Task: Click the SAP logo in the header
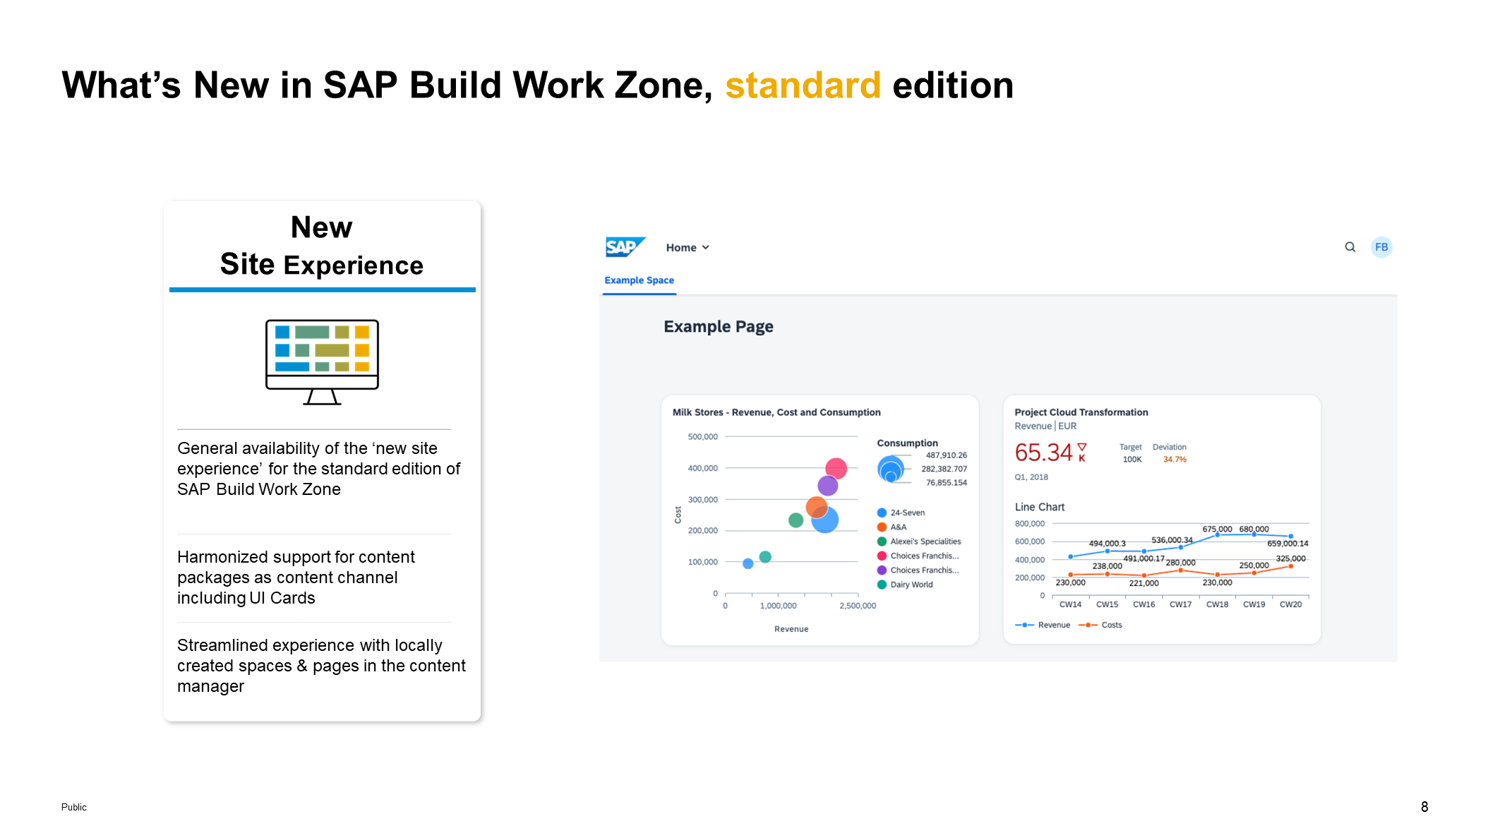[x=625, y=247]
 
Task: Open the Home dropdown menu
[x=687, y=248]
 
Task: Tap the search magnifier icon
[x=1350, y=247]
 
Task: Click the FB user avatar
[x=1381, y=247]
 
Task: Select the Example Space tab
[x=639, y=280]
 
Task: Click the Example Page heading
[x=719, y=327]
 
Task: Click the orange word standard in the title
[x=803, y=85]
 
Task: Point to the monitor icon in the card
[x=322, y=362]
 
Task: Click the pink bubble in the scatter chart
[x=836, y=468]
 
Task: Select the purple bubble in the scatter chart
[x=827, y=486]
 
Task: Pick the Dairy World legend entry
[x=905, y=585]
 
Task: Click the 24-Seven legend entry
[x=901, y=513]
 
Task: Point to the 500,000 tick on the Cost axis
[x=702, y=437]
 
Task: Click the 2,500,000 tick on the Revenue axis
[x=858, y=606]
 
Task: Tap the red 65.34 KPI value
[x=1043, y=453]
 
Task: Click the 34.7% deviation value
[x=1174, y=460]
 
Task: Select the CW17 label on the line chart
[x=1180, y=604]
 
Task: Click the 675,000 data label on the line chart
[x=1217, y=529]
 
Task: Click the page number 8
[x=1424, y=807]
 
